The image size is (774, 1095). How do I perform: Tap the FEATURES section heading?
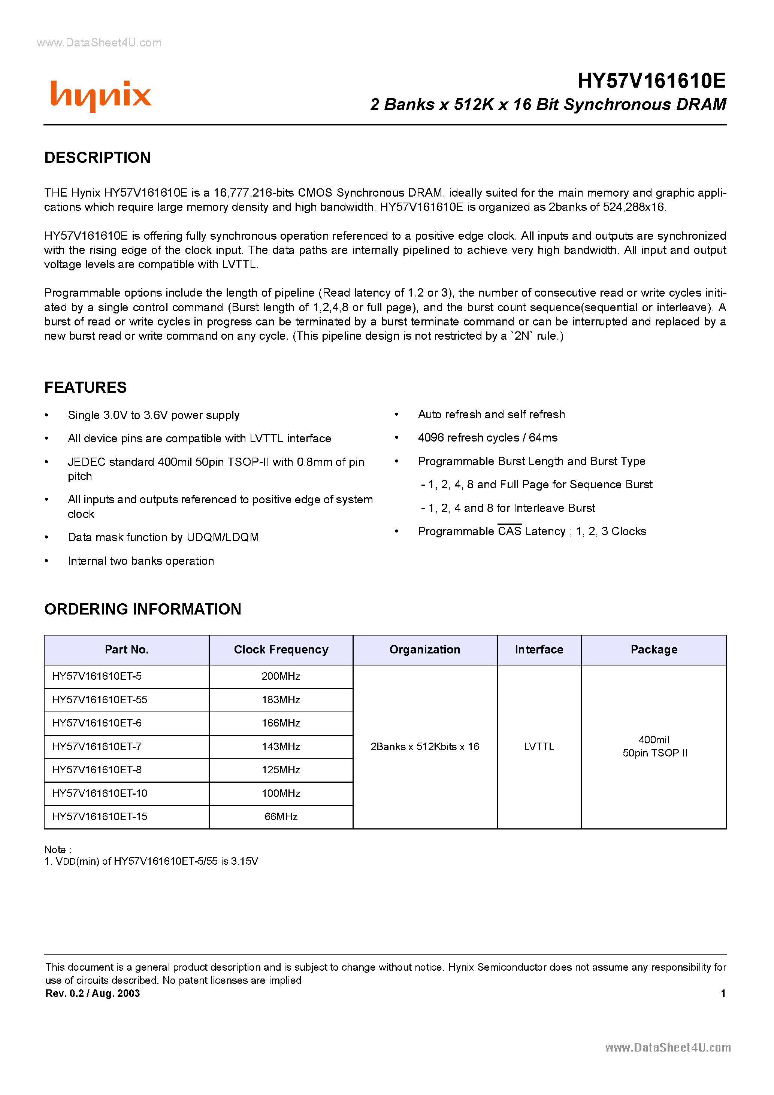click(85, 388)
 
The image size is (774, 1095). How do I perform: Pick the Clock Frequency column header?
click(281, 650)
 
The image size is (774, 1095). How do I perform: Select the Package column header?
click(654, 650)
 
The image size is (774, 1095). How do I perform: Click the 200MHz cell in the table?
click(281, 676)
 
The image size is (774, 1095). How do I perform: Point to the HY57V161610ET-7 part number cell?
click(97, 746)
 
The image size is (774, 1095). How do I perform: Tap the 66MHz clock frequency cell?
click(281, 816)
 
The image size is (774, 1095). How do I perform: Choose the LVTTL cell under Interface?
click(539, 746)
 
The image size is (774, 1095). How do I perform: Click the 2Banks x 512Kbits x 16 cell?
click(425, 746)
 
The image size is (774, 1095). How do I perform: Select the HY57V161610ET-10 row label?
click(100, 793)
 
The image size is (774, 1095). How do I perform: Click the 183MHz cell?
click(281, 700)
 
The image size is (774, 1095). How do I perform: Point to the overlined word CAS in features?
click(509, 531)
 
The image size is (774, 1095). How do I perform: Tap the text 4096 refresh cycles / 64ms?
click(487, 438)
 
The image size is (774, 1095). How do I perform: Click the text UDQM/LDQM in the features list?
click(223, 537)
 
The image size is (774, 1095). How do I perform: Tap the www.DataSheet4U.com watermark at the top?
click(99, 43)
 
